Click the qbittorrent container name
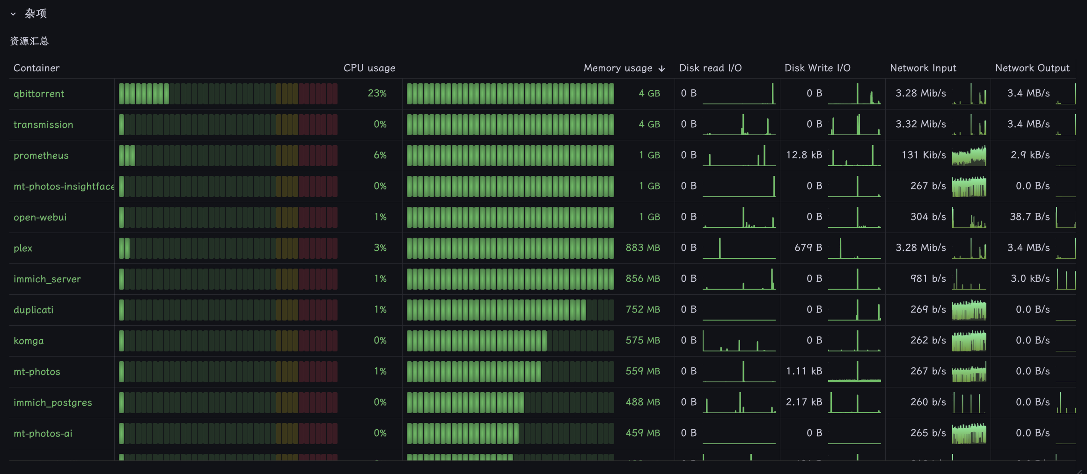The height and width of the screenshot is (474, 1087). (39, 94)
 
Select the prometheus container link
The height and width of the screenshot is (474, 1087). (41, 155)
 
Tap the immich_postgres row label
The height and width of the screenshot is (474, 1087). (53, 402)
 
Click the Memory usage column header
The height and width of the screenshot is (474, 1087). (618, 68)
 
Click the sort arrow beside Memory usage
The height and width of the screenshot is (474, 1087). (661, 69)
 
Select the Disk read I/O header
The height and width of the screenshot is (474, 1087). (711, 68)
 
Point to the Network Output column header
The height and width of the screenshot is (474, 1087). (1033, 68)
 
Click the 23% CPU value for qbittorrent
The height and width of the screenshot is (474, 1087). (377, 93)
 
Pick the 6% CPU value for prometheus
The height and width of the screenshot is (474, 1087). (380, 155)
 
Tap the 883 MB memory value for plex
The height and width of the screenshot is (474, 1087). (643, 248)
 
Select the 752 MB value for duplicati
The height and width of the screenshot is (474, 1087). (643, 309)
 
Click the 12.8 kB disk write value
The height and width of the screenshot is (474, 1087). (804, 155)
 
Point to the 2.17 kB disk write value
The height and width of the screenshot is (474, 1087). (804, 402)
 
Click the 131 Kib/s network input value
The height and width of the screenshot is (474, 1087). (924, 155)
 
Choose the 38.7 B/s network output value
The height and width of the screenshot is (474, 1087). (1030, 217)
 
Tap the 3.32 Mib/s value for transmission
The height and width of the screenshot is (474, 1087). (921, 124)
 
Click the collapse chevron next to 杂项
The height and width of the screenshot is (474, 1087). (13, 14)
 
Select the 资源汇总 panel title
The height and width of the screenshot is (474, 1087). (29, 41)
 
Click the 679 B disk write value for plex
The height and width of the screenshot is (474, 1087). (808, 248)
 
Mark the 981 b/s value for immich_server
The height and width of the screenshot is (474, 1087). (928, 278)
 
